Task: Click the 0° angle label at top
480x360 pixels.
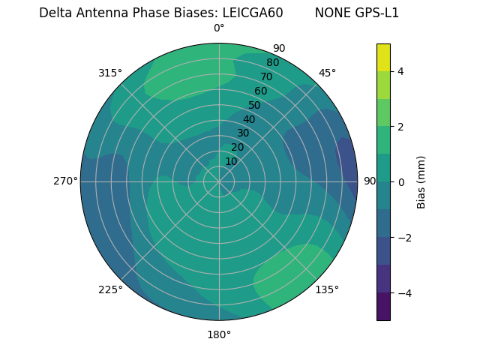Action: pos(219,28)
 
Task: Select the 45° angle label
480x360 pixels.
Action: pos(327,73)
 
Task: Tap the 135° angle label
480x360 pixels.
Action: pos(327,290)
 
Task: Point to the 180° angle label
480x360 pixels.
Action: pos(219,334)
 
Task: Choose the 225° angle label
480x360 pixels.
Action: pos(110,290)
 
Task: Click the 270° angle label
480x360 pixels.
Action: pos(65,181)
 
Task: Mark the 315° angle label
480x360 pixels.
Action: pos(110,73)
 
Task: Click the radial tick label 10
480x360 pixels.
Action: pos(231,161)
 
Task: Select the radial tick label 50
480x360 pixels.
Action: pos(254,106)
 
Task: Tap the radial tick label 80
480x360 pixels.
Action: pos(272,63)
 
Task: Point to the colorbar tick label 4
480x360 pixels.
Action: pos(401,71)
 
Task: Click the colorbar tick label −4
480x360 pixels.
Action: pos(403,293)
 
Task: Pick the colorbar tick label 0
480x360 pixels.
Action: pos(401,182)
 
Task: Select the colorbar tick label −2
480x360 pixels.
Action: pos(403,238)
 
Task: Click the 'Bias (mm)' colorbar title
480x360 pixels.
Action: pos(421,182)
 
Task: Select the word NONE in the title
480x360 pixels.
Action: pos(331,13)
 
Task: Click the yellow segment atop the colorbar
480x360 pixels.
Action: pos(383,57)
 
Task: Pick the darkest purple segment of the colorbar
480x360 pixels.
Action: pos(383,307)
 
